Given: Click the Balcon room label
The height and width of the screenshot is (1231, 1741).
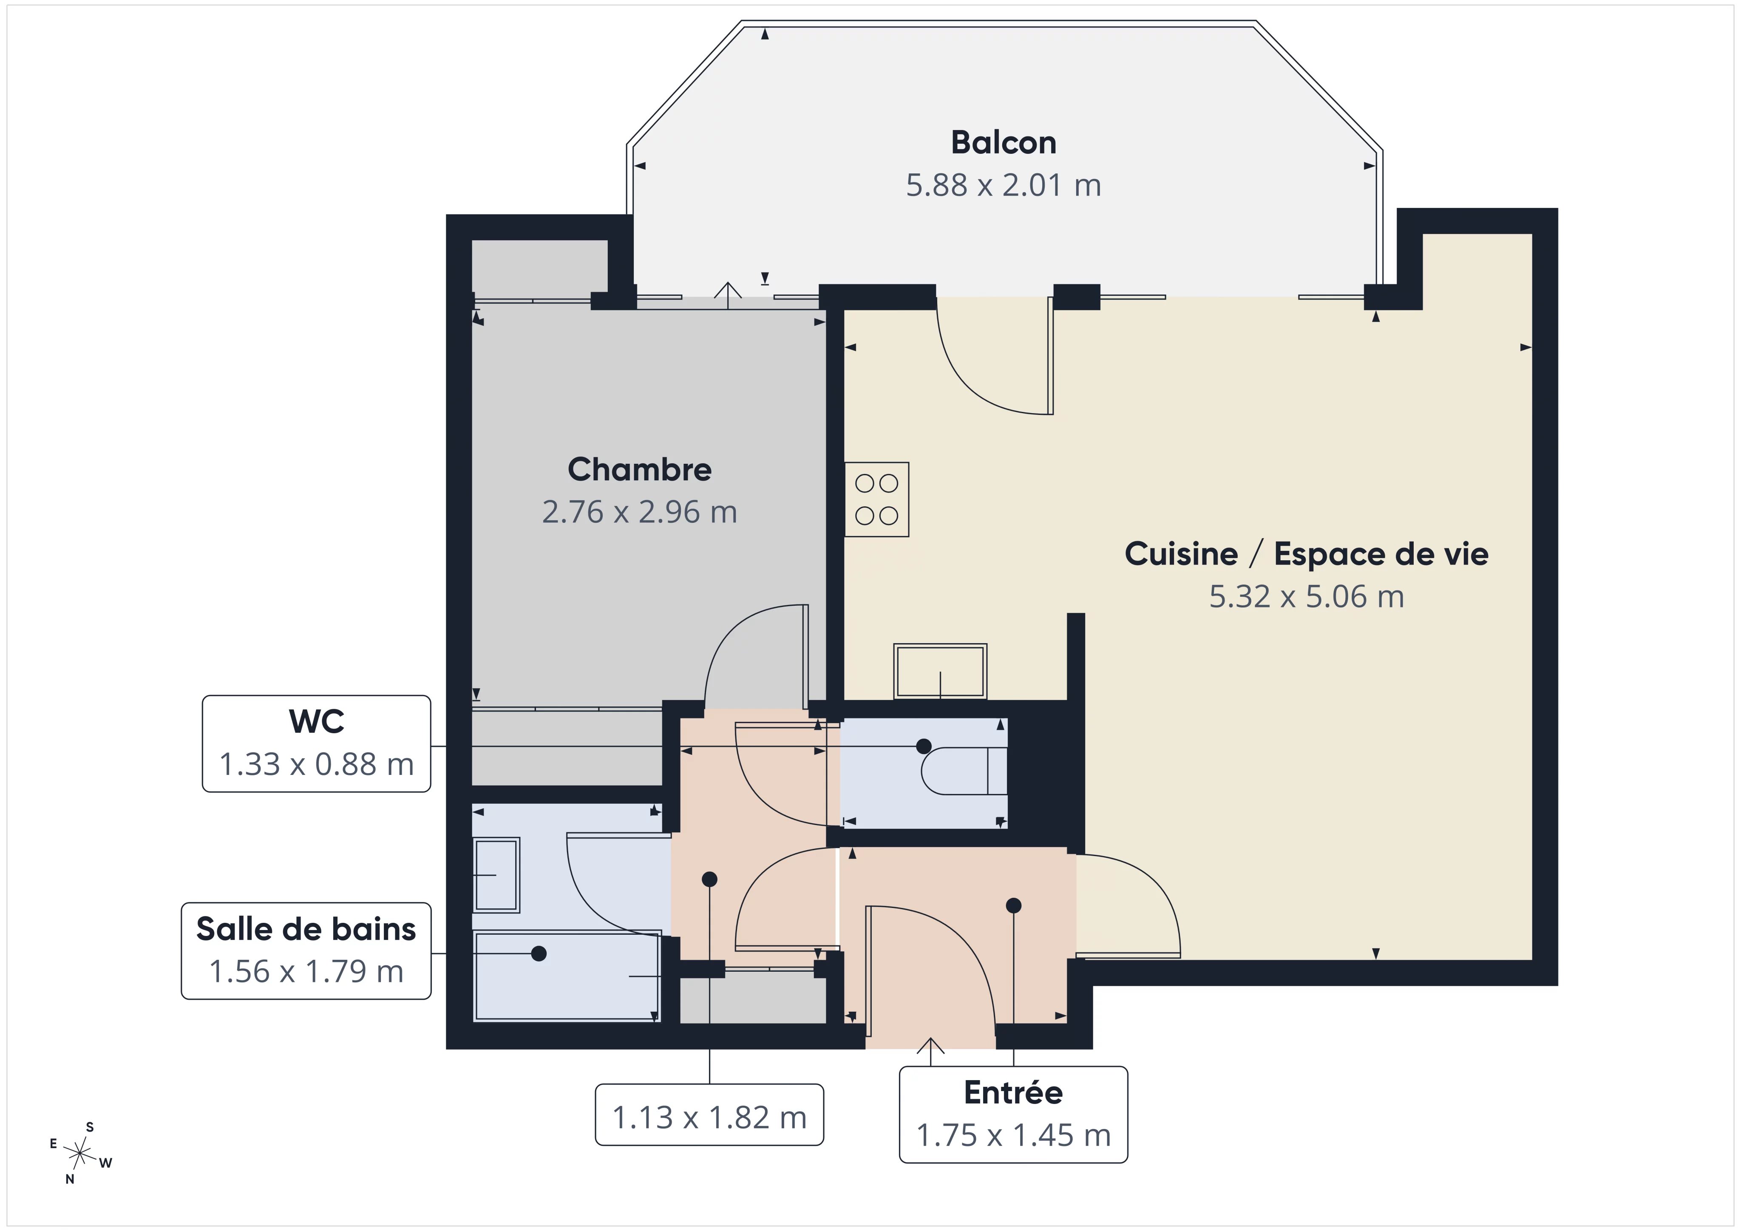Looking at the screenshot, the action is tap(1003, 142).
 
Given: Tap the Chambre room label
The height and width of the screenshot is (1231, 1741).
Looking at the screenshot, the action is tap(639, 470).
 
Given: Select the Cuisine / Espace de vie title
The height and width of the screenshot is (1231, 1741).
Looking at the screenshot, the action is tap(1306, 554).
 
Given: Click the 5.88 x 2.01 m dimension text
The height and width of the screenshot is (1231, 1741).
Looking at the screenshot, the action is tap(1003, 185).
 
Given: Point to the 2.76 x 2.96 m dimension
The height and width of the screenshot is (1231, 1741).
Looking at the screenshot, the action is tap(639, 512).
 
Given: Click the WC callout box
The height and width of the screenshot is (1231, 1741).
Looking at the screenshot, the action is tap(316, 743).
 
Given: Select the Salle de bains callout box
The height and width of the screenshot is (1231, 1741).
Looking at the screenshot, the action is tap(306, 950).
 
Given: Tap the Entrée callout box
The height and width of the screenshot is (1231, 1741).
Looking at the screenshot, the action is tap(1013, 1114).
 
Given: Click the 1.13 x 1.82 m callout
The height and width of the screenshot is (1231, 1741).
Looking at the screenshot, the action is tap(709, 1114).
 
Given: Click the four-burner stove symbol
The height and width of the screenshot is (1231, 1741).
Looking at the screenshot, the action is tap(876, 499).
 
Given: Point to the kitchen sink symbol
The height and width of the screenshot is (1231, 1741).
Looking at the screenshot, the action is tap(940, 670).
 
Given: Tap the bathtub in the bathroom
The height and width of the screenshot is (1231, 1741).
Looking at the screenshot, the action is tap(567, 976).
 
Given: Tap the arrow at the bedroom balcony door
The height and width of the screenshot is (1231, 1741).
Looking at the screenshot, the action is tap(728, 295).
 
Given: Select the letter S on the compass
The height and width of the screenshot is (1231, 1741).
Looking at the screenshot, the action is tap(90, 1127).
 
